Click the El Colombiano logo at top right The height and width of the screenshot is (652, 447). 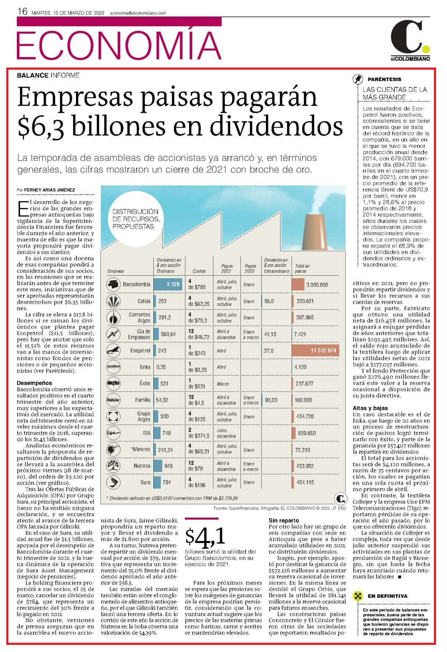pos(410,41)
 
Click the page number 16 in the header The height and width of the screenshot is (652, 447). pos(22,12)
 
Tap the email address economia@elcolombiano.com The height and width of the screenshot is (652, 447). pos(138,13)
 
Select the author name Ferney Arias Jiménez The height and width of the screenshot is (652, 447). pos(50,190)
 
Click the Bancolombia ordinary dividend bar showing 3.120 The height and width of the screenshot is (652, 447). pos(168,284)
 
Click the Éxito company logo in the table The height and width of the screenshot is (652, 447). pos(113,383)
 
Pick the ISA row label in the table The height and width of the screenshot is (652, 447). pos(147,433)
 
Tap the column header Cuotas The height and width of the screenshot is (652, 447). pos(199,271)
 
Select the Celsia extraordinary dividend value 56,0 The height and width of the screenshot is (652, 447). pos(269,301)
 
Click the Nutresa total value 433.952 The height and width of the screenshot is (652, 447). pos(305,466)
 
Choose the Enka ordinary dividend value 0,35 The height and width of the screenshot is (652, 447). pos(161,367)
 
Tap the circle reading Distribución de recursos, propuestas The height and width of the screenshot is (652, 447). pos(136,219)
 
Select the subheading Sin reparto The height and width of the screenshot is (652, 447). pos(284,520)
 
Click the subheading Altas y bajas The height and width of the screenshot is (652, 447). pos(370,408)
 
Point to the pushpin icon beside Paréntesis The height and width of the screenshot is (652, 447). pos(358,79)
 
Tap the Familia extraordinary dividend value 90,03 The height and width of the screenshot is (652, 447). pos(271,400)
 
